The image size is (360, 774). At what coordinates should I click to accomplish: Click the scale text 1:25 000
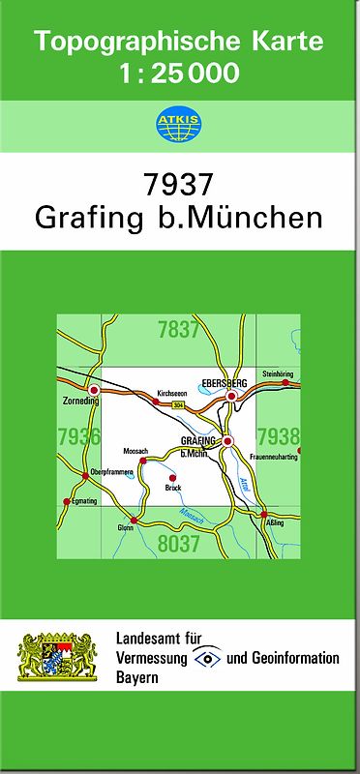point(179,73)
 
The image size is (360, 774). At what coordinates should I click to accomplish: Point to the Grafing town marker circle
point(227,442)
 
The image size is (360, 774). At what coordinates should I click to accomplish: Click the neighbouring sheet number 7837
point(178,330)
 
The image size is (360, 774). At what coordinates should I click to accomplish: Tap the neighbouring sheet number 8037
point(178,544)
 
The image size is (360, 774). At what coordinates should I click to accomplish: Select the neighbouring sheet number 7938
point(279,436)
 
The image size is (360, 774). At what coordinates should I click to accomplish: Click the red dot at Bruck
point(172,478)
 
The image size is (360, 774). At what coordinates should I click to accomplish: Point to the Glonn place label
point(126,527)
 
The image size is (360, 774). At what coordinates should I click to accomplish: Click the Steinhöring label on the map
point(277,373)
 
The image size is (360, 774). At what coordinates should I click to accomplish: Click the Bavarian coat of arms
point(58,658)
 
